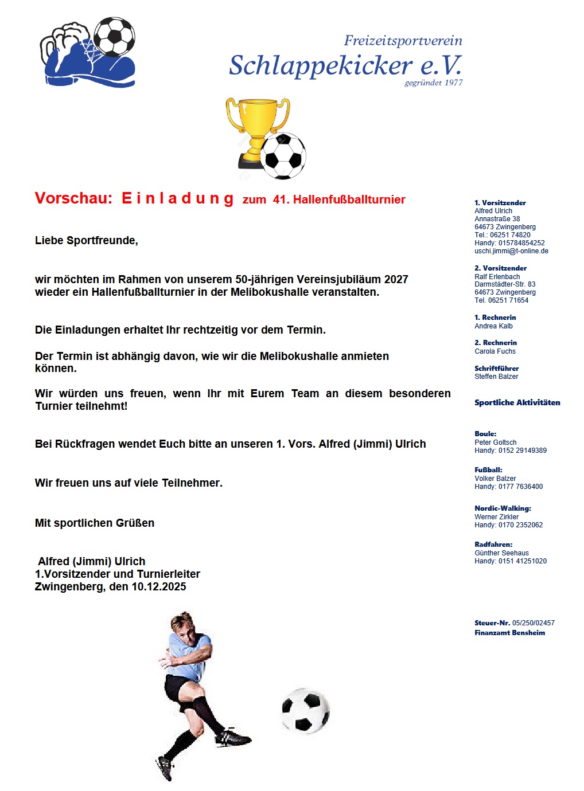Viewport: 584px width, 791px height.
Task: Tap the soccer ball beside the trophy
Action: pyautogui.click(x=283, y=156)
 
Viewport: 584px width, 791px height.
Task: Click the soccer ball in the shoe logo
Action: pyautogui.click(x=114, y=37)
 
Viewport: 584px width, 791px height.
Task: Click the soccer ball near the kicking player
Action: pyautogui.click(x=305, y=711)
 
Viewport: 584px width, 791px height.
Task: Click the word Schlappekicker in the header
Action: pyautogui.click(x=321, y=66)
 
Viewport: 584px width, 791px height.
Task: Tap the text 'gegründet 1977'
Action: pyautogui.click(x=433, y=83)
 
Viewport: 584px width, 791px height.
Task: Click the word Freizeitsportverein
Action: pyautogui.click(x=403, y=41)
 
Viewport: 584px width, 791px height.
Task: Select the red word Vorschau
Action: pyautogui.click(x=73, y=198)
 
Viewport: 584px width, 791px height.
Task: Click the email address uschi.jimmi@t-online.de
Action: pyautogui.click(x=511, y=251)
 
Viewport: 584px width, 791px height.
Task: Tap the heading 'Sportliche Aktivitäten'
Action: pyautogui.click(x=517, y=402)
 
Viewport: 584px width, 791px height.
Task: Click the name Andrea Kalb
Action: pyautogui.click(x=493, y=326)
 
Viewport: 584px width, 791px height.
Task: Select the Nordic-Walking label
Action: pyautogui.click(x=503, y=508)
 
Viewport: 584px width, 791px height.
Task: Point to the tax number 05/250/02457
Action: pyautogui.click(x=533, y=623)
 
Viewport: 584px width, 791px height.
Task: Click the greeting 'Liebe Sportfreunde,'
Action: pyautogui.click(x=87, y=241)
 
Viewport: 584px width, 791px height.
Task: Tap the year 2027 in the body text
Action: pyautogui.click(x=396, y=280)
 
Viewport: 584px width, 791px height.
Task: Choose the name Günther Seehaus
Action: pyautogui.click(x=501, y=553)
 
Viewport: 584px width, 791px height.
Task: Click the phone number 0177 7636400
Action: pyautogui.click(x=520, y=487)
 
